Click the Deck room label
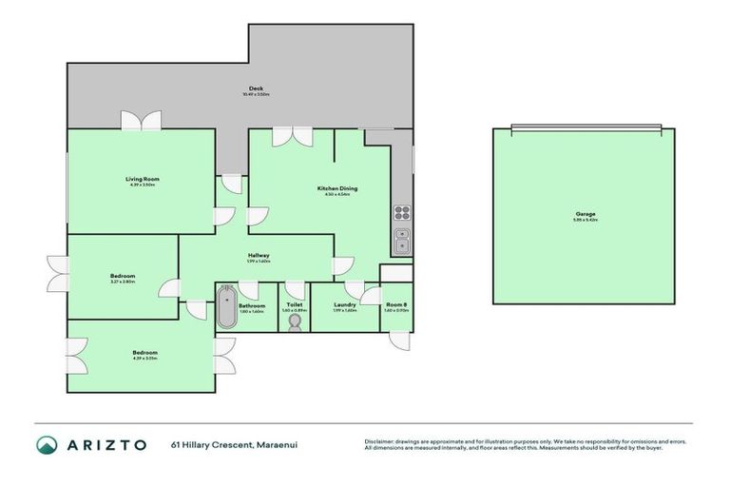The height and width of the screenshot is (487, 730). [x=257, y=88]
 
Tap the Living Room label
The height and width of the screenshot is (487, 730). [x=142, y=179]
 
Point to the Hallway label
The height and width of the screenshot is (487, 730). [x=259, y=255]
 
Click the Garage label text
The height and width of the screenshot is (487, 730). [x=586, y=214]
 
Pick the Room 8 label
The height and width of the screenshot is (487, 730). [x=396, y=304]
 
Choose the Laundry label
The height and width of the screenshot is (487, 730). [x=344, y=304]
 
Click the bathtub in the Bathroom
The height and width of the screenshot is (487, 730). [x=226, y=307]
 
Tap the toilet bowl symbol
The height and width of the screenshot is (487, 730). [x=293, y=322]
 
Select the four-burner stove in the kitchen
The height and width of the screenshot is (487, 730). [x=402, y=212]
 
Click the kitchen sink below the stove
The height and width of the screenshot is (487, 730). [x=402, y=241]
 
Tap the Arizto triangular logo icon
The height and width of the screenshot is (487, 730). [x=48, y=444]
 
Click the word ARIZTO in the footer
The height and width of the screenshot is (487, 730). [x=106, y=444]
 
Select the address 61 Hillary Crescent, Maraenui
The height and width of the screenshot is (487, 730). [x=223, y=444]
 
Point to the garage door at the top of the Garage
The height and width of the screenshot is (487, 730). [x=584, y=127]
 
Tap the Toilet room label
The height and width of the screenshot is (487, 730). [x=293, y=304]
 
